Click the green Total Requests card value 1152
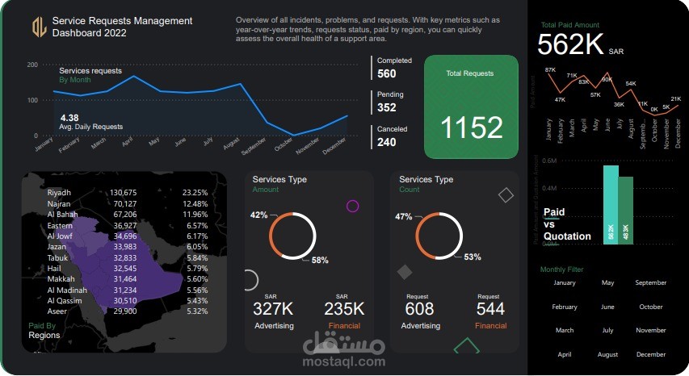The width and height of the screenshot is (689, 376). [472, 127]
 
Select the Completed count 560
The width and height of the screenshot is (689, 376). [387, 74]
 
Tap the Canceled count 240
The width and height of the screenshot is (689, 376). [387, 142]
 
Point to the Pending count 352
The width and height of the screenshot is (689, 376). [387, 107]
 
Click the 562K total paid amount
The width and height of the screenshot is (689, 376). [570, 44]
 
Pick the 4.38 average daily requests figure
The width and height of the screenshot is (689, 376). [69, 117]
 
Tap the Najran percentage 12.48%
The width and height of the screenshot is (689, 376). [195, 204]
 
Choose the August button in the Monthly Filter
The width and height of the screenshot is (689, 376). [607, 354]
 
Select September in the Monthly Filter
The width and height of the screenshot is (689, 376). [651, 283]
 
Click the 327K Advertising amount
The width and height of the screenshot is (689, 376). [275, 309]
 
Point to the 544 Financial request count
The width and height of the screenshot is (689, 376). [490, 309]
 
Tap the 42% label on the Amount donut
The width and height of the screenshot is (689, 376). [258, 215]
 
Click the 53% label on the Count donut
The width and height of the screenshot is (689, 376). [473, 257]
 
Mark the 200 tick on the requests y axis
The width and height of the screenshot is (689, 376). [33, 65]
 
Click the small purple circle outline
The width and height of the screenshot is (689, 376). [352, 206]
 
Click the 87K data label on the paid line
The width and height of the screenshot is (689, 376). [550, 70]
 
